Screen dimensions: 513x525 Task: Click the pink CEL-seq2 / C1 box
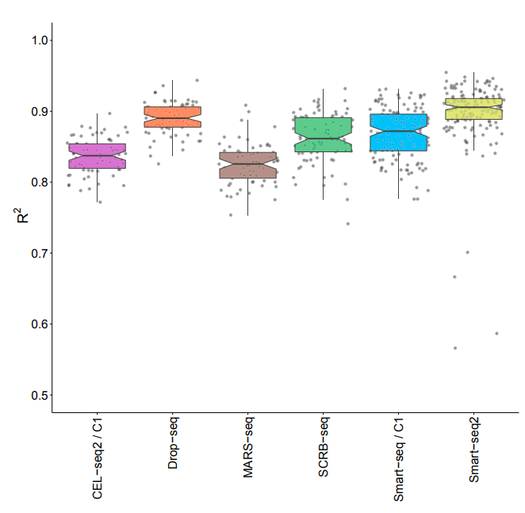pos(98,156)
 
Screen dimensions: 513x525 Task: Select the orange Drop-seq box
pos(173,117)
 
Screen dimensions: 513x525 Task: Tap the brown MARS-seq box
pos(248,165)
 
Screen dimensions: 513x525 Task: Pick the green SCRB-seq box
pos(323,135)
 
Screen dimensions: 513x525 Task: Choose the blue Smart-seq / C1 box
pos(398,132)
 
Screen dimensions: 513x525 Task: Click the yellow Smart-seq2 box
pos(473,109)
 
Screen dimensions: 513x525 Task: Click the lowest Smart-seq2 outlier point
pos(455,348)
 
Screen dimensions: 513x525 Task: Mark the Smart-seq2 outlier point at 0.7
pos(468,252)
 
